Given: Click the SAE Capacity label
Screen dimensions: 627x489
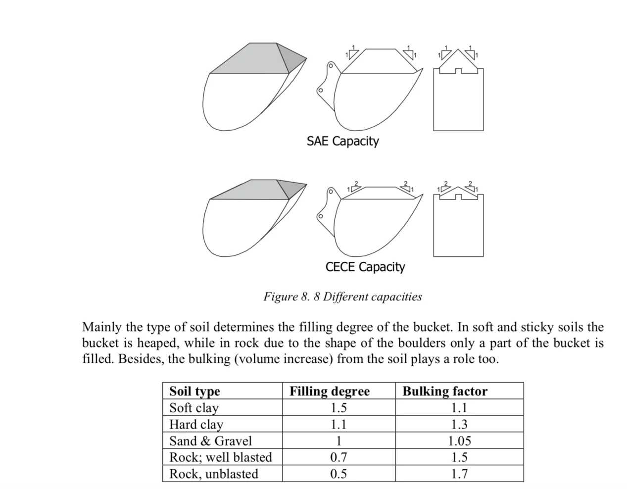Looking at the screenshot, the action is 342,141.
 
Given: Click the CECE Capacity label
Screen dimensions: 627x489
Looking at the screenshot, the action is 365,267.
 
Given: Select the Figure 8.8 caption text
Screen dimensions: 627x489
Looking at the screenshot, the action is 342,297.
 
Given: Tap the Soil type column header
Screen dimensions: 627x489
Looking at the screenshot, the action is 194,391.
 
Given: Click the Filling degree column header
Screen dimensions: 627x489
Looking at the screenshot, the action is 330,391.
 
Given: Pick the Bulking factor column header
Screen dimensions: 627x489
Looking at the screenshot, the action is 445,391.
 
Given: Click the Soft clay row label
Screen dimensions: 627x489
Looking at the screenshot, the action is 194,408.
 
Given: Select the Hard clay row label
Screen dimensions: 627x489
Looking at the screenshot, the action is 196,425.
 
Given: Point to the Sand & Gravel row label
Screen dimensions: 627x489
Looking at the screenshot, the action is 210,441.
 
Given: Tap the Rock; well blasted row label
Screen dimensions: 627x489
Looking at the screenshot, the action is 221,457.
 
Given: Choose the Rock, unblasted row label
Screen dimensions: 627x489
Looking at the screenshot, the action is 214,474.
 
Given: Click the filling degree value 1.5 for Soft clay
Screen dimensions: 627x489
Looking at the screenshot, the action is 338,408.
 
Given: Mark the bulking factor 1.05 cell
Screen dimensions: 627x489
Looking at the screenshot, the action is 459,441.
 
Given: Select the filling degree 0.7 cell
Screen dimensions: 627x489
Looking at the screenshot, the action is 338,457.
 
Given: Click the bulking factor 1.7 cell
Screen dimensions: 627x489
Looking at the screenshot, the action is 459,474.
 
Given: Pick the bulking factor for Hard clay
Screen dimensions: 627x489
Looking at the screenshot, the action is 459,425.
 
